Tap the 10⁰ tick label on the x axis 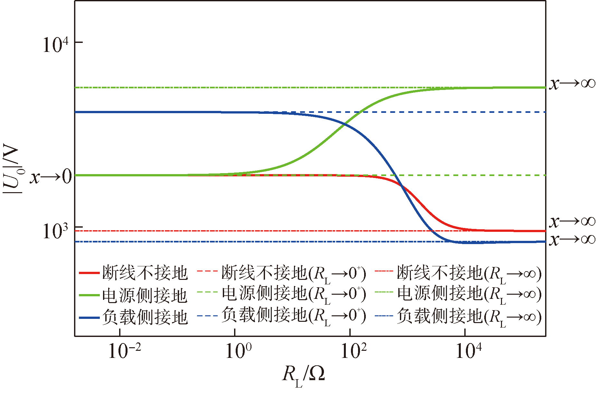[239, 351]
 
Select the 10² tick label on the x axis [354, 351]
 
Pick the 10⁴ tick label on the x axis [469, 351]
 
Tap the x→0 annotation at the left [51, 177]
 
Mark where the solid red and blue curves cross [402, 185]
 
